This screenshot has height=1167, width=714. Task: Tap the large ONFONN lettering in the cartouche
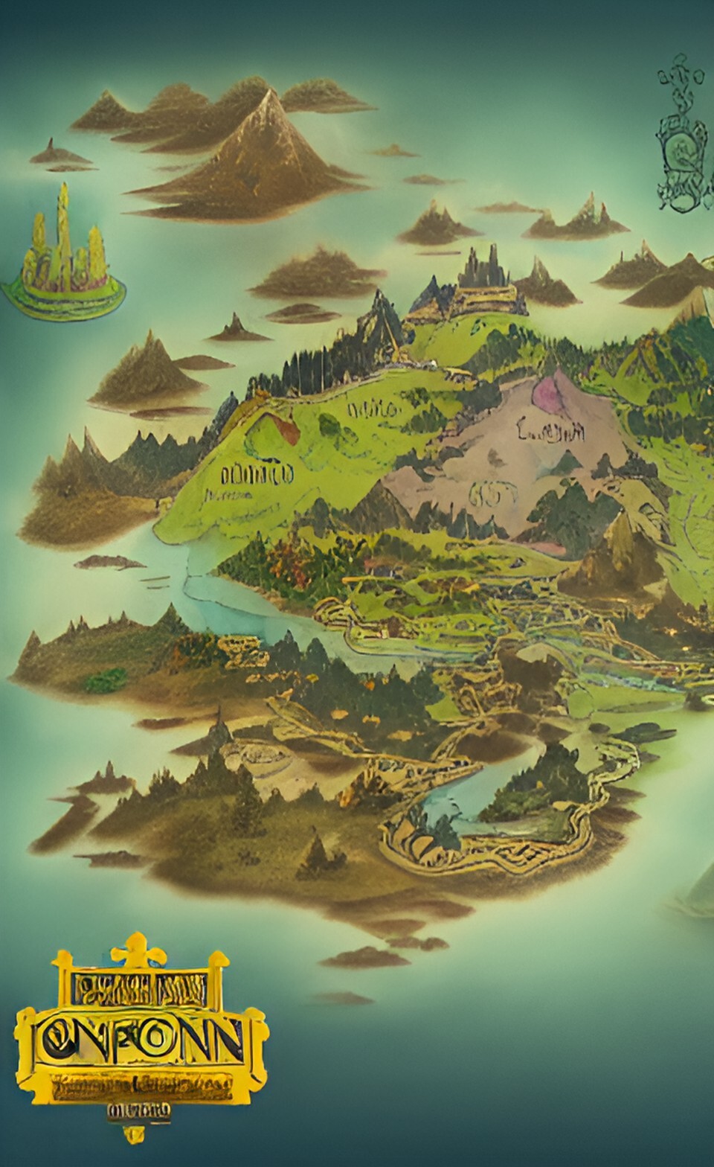pyautogui.click(x=141, y=1042)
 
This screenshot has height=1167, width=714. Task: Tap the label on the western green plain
pyautogui.click(x=257, y=473)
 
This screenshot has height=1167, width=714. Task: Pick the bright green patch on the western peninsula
pyautogui.click(x=106, y=679)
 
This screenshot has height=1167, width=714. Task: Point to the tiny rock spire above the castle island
pyautogui.click(x=51, y=144)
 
